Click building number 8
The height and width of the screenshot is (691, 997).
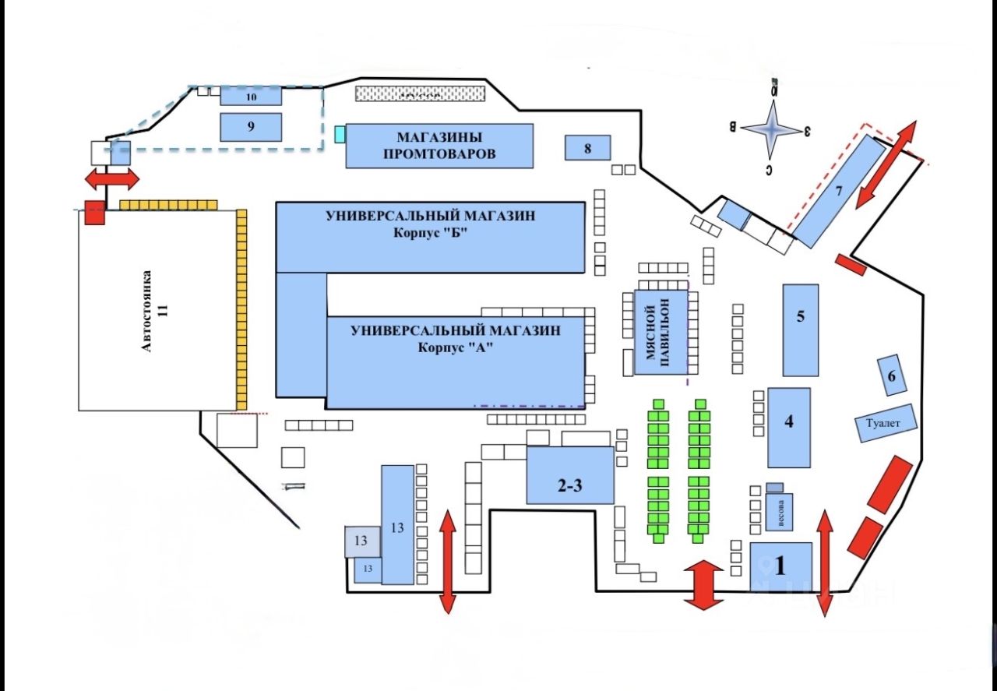(x=587, y=147)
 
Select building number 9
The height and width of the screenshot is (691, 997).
(x=251, y=127)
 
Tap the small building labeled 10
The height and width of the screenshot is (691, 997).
(x=251, y=97)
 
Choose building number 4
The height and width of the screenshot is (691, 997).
(x=789, y=427)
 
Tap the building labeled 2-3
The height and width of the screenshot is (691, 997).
(x=569, y=476)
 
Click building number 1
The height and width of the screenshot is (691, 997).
(x=780, y=566)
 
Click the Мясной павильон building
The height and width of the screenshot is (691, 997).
(x=661, y=333)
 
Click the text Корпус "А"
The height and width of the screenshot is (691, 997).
(x=456, y=348)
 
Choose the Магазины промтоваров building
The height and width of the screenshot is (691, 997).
(x=439, y=146)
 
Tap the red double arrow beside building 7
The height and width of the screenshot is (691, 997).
(x=886, y=164)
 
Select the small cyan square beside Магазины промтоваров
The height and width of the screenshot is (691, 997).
(x=340, y=134)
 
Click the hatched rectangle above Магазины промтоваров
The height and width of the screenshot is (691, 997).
(x=420, y=93)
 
